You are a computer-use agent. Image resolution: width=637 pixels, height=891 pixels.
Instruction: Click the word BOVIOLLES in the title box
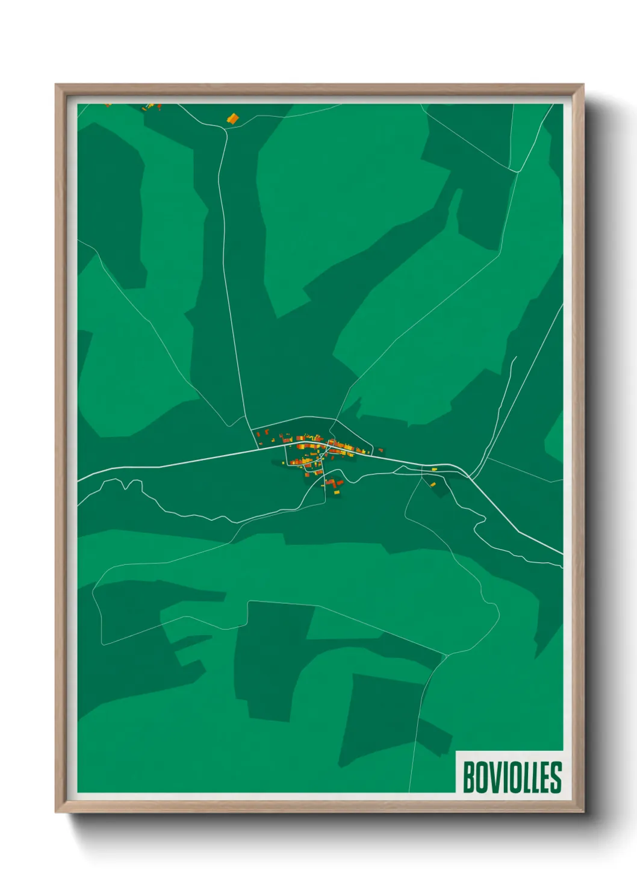(512, 777)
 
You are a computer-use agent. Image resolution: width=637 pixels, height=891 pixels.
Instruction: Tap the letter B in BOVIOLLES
(468, 777)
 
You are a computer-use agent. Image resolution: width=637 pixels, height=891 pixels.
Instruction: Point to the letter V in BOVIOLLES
(492, 777)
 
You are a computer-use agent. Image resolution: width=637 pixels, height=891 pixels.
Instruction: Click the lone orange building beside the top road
(232, 119)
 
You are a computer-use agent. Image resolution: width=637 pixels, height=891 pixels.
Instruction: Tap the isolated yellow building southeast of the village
(433, 484)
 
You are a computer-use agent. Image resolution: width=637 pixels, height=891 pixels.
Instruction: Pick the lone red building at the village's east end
(381, 450)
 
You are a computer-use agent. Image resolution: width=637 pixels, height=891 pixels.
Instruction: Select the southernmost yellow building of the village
(336, 493)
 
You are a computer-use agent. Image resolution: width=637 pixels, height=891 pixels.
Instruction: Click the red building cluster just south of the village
(332, 482)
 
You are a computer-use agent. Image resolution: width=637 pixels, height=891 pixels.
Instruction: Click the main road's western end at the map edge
(79, 480)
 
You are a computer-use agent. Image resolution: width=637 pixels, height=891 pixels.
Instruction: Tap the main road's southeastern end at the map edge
(562, 553)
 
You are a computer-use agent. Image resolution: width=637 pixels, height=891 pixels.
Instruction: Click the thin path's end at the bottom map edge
(409, 791)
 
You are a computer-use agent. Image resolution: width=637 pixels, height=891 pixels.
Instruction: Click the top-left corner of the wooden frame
(56, 85)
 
